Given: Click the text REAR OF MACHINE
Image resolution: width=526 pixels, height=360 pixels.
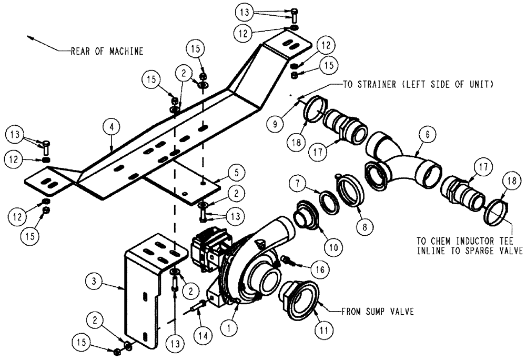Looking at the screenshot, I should pos(107,51).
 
